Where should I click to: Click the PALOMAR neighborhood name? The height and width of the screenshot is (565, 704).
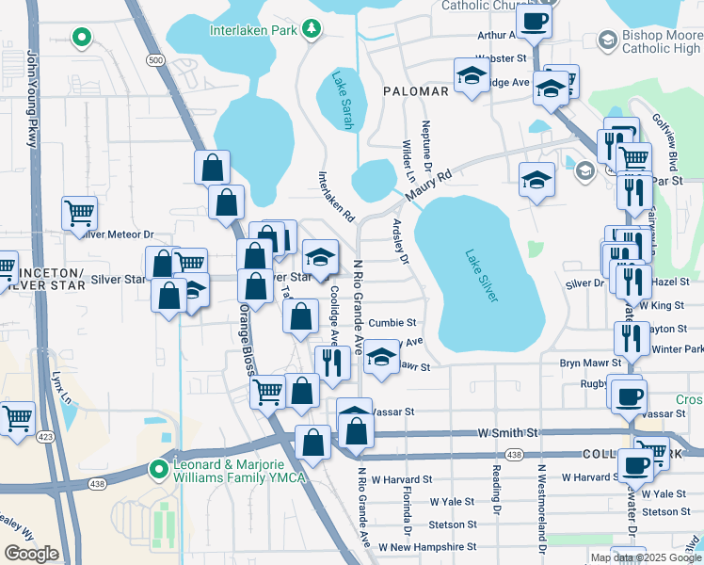415,91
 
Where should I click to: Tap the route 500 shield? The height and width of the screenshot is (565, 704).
155,59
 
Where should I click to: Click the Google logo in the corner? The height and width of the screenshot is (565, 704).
31,554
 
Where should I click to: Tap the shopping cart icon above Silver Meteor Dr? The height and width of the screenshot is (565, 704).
80,212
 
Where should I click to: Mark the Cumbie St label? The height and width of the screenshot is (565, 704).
392,322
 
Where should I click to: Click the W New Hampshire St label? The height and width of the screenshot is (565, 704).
427,547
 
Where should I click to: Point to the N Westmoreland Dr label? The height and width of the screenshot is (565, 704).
541,508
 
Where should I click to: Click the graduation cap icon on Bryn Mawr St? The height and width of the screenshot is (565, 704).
381,357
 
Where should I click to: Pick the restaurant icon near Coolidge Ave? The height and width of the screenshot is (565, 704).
331,362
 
